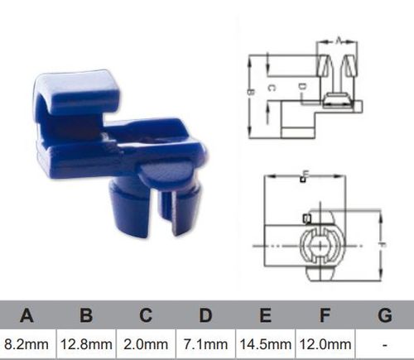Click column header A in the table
click(x=27, y=315)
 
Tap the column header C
click(x=147, y=315)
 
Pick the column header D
click(x=205, y=315)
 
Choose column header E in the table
click(x=265, y=315)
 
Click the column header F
click(x=325, y=315)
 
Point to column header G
click(x=384, y=315)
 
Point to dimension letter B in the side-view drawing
click(x=249, y=93)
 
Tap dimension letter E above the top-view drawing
click(x=305, y=175)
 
